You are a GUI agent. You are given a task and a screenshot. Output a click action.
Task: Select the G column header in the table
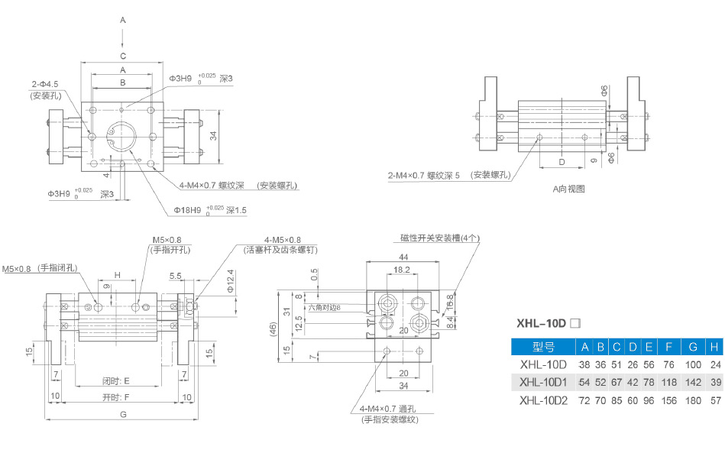(694, 347)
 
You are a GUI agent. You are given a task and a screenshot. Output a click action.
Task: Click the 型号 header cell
(542, 347)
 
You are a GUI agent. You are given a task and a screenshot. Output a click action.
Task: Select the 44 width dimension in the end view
(403, 257)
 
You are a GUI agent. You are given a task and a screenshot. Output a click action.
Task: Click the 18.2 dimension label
(402, 270)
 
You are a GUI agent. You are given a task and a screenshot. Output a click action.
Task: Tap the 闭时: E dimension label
(116, 380)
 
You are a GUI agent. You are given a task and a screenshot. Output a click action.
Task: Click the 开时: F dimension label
(116, 397)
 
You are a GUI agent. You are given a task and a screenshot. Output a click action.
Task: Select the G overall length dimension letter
(123, 414)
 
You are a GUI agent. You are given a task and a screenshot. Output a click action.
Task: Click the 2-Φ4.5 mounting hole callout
(45, 83)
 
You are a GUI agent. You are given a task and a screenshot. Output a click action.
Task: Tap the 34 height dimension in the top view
(215, 135)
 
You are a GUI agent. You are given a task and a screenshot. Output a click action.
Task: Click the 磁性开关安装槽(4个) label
(440, 238)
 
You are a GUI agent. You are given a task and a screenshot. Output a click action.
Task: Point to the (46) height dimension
(273, 329)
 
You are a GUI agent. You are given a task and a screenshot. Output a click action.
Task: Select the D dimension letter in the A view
(562, 162)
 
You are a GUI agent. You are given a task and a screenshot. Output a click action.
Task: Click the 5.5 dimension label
(175, 275)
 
